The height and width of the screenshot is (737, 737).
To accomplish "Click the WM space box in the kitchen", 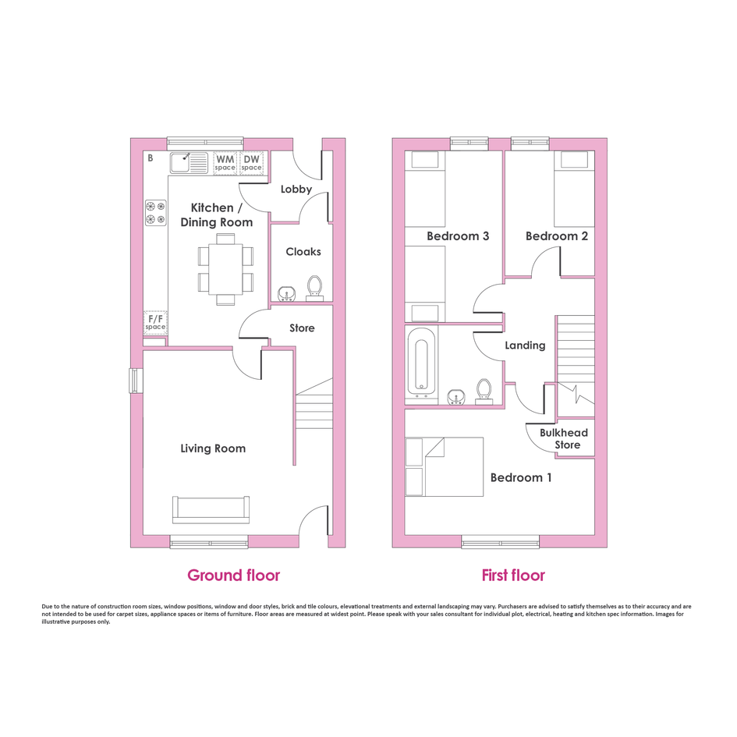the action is point(225,163).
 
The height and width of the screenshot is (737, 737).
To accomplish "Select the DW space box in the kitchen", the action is point(251,163).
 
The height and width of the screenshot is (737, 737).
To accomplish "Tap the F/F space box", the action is point(155,322).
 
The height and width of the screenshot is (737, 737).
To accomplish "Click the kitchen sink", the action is point(189,163).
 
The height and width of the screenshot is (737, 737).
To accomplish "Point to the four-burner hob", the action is point(155,212).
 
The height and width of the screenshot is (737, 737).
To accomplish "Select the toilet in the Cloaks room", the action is point(314,288).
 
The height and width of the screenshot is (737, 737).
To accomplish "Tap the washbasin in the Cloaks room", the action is point(286,294).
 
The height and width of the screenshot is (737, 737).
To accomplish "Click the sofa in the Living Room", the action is point(211,509).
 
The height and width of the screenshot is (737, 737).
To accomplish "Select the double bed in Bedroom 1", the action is point(445,466).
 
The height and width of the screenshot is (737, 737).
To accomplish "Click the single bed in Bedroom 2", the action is point(571,189).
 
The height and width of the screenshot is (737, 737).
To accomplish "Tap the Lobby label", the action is point(296,190).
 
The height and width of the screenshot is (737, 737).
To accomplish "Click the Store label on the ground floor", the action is point(302,328).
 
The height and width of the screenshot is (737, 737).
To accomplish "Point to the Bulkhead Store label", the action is point(564,438).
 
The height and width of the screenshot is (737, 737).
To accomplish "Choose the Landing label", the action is point(525,345).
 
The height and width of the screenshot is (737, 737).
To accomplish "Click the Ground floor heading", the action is point(234,576).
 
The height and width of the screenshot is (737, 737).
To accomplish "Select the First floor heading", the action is point(513,576).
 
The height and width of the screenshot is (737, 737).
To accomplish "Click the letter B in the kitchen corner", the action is point(151,158).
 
